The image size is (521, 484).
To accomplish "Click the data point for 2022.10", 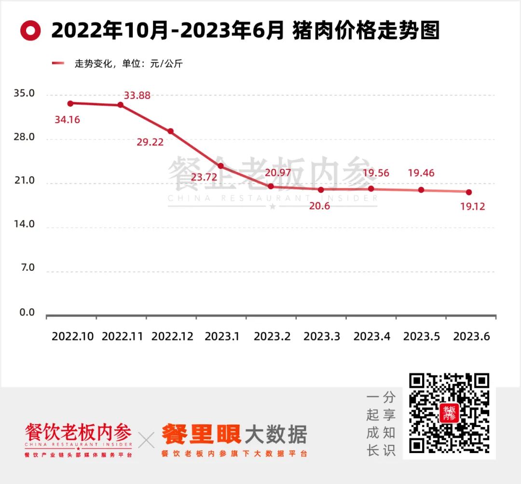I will click(x=70, y=103).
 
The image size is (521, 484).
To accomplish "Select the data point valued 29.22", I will click(x=170, y=131).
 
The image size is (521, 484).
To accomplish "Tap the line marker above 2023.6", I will click(x=469, y=192).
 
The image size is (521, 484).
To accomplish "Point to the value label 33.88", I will click(x=137, y=96).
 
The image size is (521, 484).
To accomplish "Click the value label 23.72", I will click(x=204, y=177).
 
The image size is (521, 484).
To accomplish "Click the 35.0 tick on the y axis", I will click(x=24, y=93).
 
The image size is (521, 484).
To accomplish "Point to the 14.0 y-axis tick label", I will click(x=24, y=224).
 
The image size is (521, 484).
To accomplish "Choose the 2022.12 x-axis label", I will click(x=172, y=337).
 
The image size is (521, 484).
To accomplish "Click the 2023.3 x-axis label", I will click(x=323, y=337).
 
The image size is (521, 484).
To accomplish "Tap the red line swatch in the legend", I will click(x=58, y=63).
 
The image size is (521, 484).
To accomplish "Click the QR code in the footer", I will click(x=449, y=415).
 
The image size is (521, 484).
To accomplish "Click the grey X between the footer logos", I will click(x=147, y=440).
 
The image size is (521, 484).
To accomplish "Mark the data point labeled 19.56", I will click(x=371, y=189).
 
